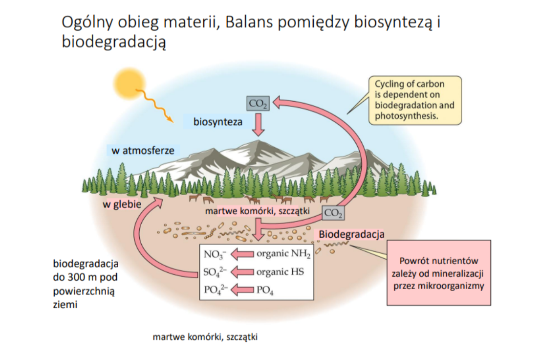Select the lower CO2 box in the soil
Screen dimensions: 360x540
pyautogui.click(x=333, y=213)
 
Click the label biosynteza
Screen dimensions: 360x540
pyautogui.click(x=218, y=122)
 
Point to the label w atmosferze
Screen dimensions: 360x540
pyautogui.click(x=143, y=151)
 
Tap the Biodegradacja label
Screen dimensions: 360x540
pyautogui.click(x=351, y=234)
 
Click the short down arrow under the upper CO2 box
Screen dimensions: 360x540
pyautogui.click(x=258, y=126)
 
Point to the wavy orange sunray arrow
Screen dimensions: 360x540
pyautogui.click(x=154, y=104)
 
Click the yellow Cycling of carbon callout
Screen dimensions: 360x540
pyautogui.click(x=415, y=100)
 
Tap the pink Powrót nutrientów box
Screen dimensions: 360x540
pyautogui.click(x=438, y=273)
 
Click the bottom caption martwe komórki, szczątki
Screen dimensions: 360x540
pyautogui.click(x=205, y=337)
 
